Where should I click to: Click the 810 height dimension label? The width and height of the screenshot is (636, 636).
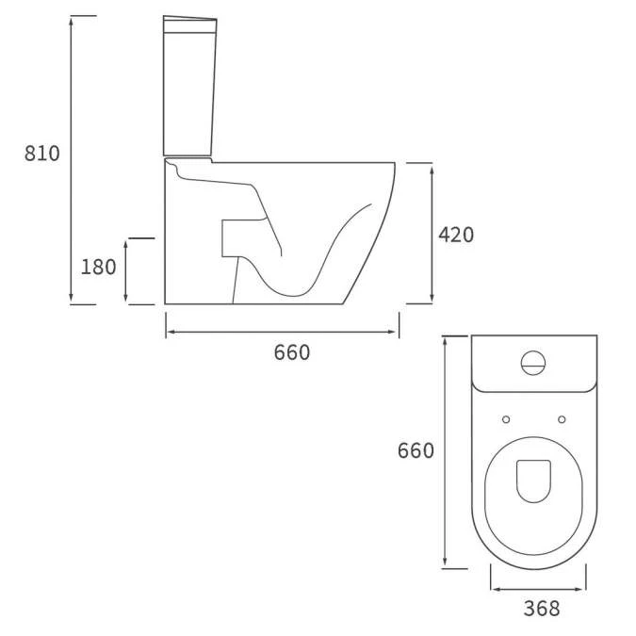pos(41,154)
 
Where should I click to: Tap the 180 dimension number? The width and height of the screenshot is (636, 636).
pos(98,268)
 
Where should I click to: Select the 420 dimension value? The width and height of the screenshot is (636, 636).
pos(456,235)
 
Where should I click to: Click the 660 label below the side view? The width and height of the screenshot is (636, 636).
pos(291,353)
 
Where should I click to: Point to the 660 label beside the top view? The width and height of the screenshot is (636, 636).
pos(416,451)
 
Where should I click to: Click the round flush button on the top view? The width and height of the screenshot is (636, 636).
pos(533,363)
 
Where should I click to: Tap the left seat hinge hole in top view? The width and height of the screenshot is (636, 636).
pos(506,419)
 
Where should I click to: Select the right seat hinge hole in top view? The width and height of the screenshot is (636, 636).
pos(562,419)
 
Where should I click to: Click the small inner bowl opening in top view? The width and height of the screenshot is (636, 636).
pos(533,481)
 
